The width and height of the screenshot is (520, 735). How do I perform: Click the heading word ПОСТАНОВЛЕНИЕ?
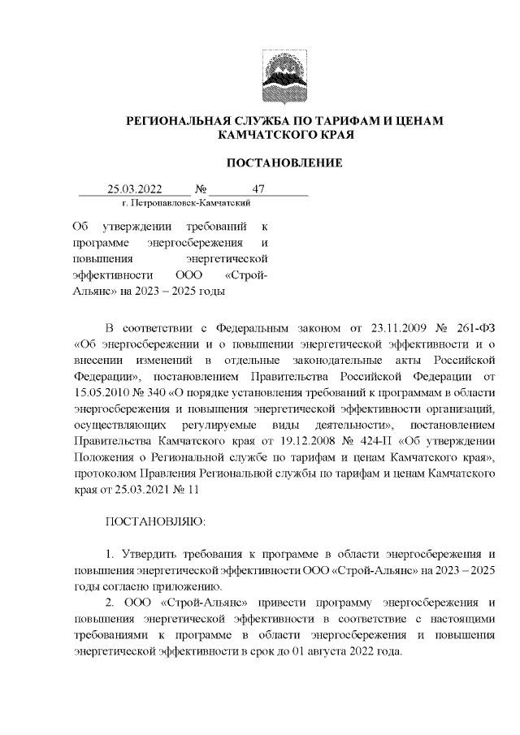coord(284,163)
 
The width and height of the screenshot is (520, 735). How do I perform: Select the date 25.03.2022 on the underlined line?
coord(135,190)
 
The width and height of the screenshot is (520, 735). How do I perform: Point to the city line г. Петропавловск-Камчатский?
coord(184,202)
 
